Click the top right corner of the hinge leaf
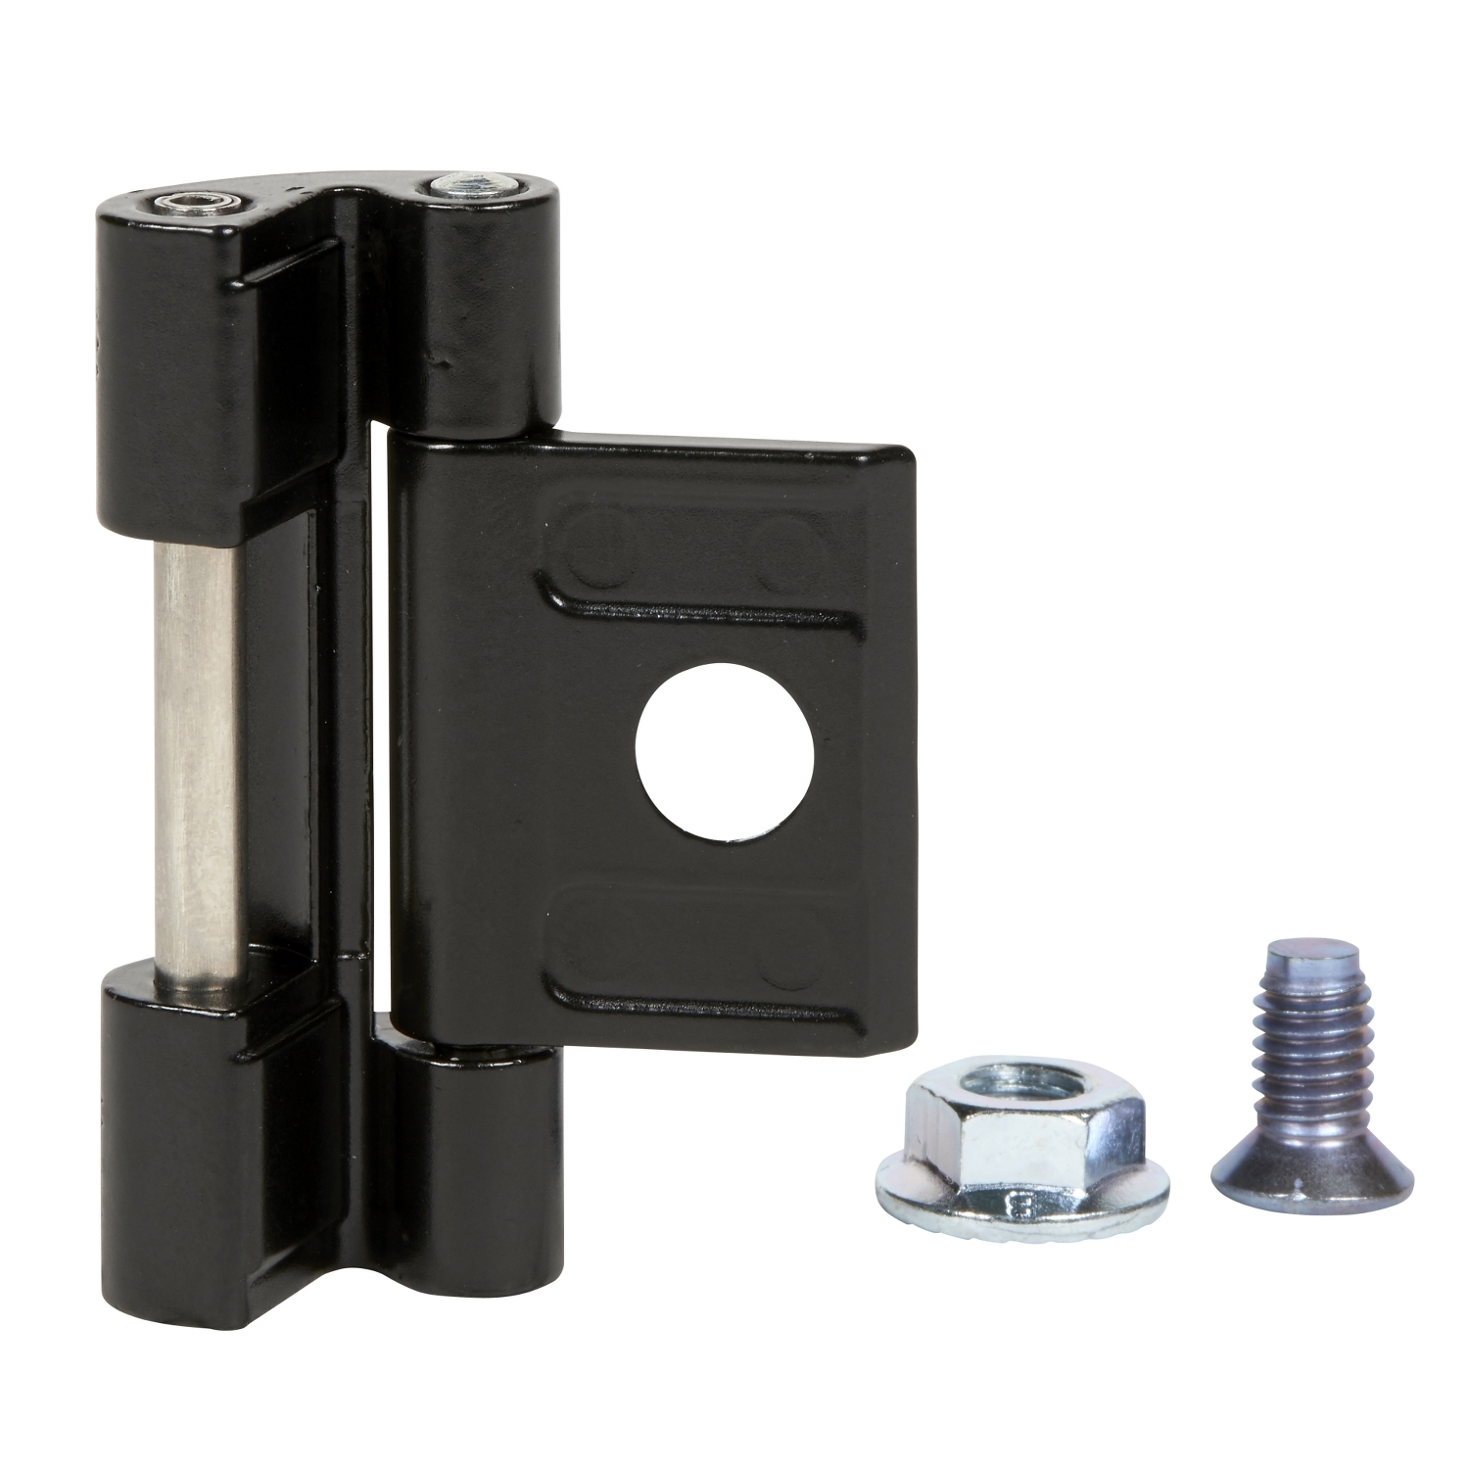coord(906,460)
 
